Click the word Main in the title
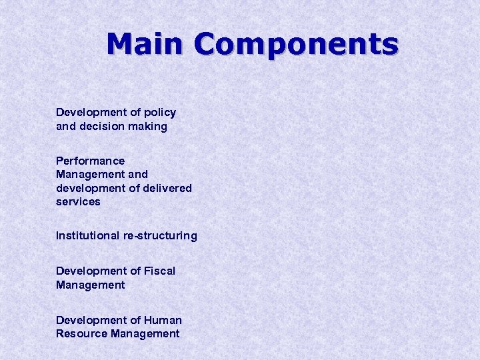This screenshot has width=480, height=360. tap(144, 44)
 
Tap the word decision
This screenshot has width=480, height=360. tap(101, 126)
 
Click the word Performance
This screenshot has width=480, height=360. tap(90, 161)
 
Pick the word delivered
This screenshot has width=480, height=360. tap(167, 188)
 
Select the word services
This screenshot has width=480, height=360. tap(78, 201)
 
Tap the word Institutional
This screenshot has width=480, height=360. tap(89, 235)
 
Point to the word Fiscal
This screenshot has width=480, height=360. tap(159, 271)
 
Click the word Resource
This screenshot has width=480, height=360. tap(82, 333)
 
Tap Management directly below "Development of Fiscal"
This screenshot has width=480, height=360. tap(90, 285)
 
